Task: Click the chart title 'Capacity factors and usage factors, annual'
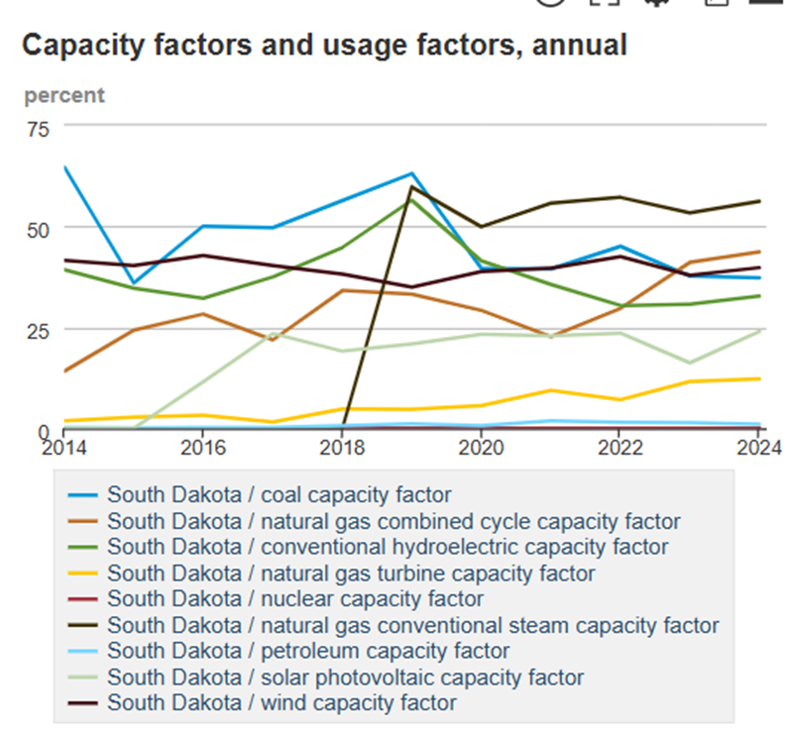coord(324,45)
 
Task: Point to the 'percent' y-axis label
coord(64,96)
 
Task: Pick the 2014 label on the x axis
coord(64,447)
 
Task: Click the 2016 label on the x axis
coord(203,447)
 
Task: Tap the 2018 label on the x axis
coord(342,447)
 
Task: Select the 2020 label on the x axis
coord(481,447)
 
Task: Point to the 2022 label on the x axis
coord(620,447)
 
